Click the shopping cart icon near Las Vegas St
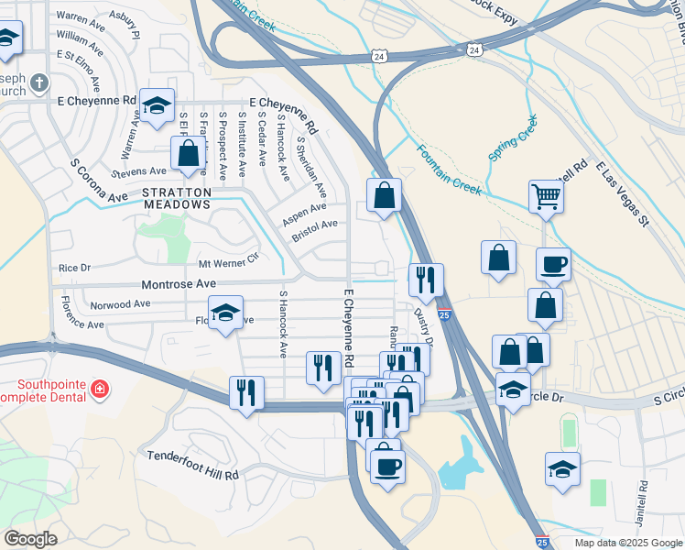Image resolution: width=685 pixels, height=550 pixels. (545, 195)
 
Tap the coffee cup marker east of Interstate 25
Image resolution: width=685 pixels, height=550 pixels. (553, 265)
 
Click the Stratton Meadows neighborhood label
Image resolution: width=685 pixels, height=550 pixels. (177, 198)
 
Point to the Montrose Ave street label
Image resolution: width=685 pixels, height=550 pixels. (178, 285)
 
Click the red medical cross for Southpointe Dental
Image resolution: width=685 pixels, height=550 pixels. (100, 391)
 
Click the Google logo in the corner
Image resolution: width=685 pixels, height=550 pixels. (30, 539)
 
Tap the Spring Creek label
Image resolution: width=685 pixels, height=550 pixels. (512, 138)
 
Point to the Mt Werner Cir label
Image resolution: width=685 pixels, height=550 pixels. (230, 264)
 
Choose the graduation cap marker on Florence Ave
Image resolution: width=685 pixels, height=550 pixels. (225, 313)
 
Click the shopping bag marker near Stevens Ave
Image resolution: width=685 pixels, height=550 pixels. (188, 153)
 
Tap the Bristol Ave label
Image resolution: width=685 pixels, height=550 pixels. (315, 229)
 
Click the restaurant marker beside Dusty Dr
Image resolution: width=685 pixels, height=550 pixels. (425, 280)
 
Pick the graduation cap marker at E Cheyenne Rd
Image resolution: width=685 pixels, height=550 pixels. (157, 105)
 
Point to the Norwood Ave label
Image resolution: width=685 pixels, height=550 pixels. (119, 304)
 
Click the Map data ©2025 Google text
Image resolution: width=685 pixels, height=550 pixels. (627, 543)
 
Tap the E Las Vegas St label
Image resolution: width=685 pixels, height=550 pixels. (623, 193)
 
